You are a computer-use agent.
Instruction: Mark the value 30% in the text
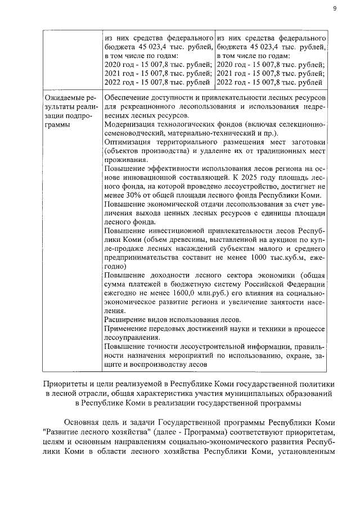(x=132, y=196)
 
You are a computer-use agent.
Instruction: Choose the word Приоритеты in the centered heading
(x=66, y=383)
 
